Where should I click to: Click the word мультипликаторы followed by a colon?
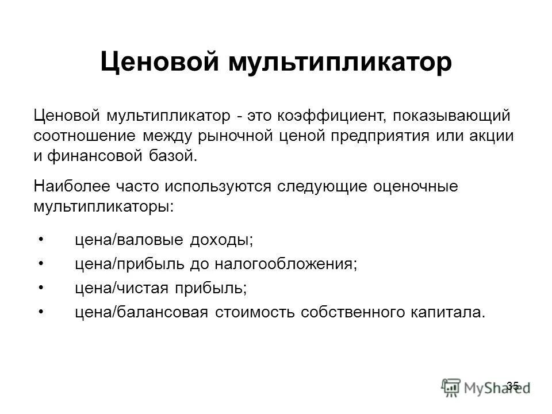[x=103, y=205]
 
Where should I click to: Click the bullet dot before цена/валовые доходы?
[x=43, y=237]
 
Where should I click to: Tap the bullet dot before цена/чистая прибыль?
[x=43, y=287]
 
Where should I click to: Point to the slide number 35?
[x=513, y=385]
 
